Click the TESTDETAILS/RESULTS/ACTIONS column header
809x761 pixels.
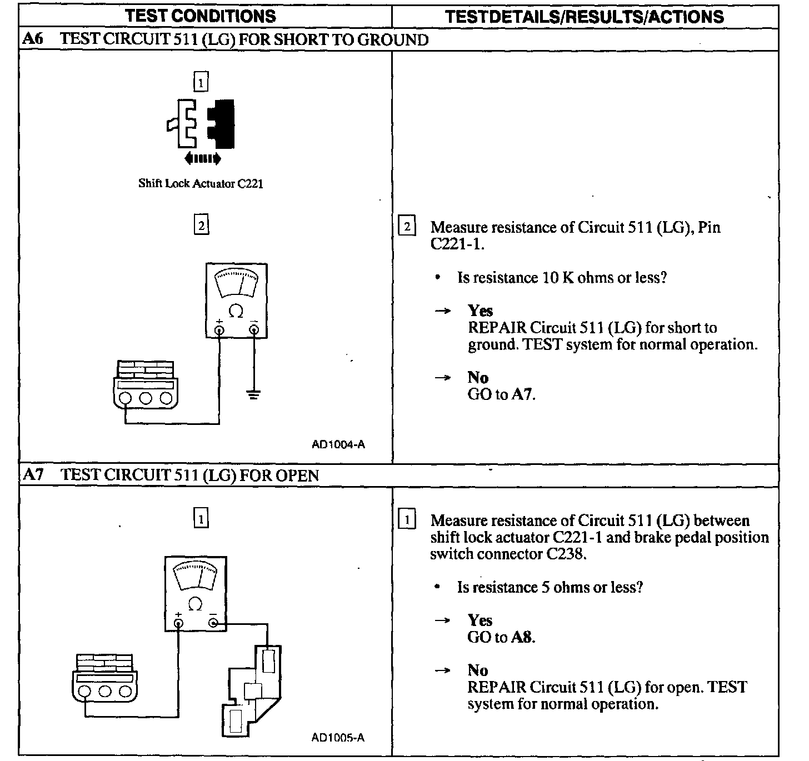(x=585, y=16)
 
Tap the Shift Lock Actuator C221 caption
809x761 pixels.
(x=201, y=184)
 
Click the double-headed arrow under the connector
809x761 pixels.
(x=203, y=159)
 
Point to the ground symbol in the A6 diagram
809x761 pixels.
(x=254, y=395)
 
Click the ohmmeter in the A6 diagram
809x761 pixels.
(x=236, y=300)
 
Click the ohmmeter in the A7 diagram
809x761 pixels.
(x=195, y=593)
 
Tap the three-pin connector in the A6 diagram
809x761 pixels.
(x=146, y=384)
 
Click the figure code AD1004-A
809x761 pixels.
(x=338, y=444)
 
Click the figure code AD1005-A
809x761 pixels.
(x=338, y=738)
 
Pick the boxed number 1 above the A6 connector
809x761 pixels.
(x=201, y=83)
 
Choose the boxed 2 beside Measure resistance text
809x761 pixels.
(x=407, y=227)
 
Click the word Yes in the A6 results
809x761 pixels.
(x=480, y=311)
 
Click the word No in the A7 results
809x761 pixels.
(x=477, y=670)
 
